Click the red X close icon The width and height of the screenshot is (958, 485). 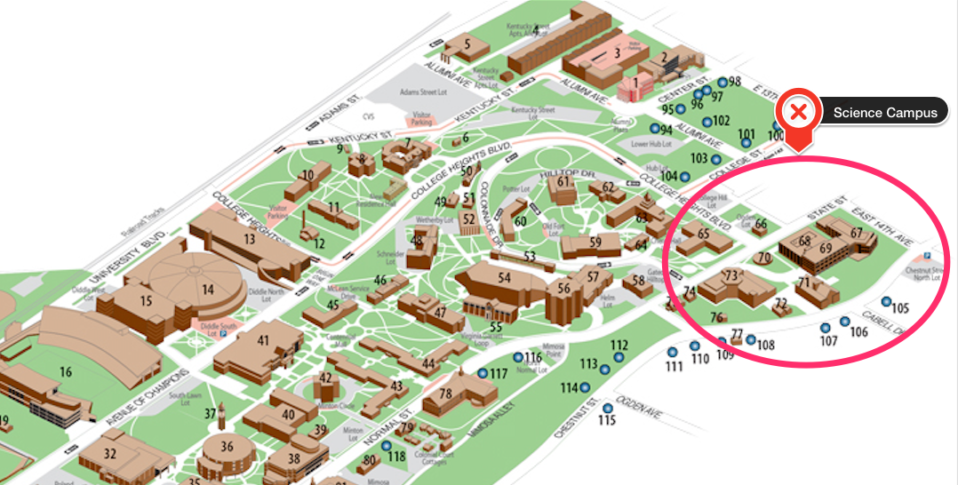(798, 112)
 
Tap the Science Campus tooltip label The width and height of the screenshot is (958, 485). (885, 113)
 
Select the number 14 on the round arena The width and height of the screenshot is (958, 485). (208, 289)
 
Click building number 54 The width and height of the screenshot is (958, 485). (504, 277)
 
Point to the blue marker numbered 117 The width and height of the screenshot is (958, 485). (483, 374)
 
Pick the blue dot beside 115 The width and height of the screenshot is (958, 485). (608, 409)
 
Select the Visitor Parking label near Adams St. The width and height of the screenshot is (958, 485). (420, 119)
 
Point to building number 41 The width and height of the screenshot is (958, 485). (263, 339)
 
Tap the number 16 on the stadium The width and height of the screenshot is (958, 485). (65, 371)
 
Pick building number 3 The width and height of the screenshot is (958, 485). (616, 52)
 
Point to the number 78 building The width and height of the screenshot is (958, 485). (446, 394)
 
